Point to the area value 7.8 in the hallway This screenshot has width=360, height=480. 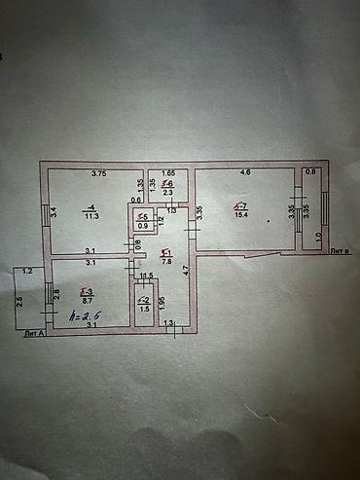coord(166,261)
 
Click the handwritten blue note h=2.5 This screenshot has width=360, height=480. coord(85,317)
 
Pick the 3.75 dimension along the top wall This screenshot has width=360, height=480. coord(98,174)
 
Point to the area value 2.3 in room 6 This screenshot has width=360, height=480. coord(167,194)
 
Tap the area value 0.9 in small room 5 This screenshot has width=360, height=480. coord(143,227)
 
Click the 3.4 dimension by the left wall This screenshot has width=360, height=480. coord(54,208)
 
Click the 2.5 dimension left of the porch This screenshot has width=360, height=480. coord(19,300)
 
